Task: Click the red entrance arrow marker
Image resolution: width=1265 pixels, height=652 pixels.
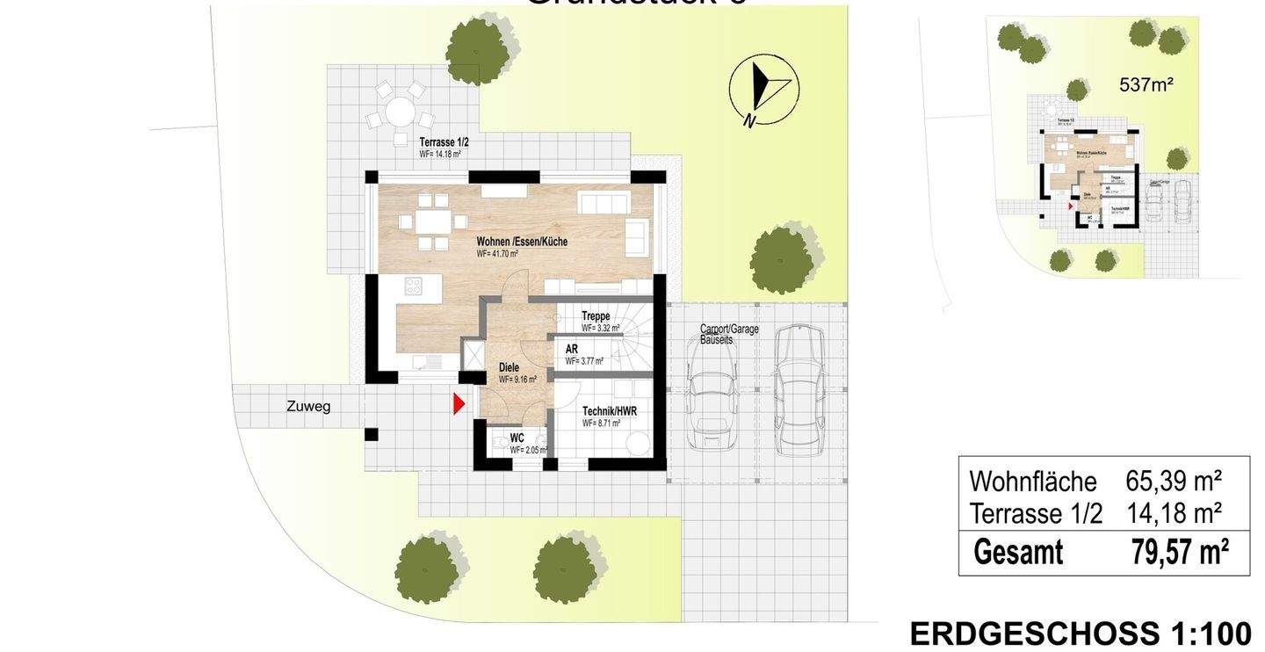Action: pos(458,404)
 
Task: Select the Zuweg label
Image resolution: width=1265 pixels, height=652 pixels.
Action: pos(308,407)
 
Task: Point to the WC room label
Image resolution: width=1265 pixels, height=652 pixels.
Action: pos(517,438)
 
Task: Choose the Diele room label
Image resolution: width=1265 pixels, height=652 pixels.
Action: pos(509,368)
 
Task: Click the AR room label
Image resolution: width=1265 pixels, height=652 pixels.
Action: pos(572,349)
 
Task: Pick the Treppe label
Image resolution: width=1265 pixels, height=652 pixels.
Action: pos(596,317)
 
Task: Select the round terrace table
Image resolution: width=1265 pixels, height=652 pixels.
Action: pos(401,112)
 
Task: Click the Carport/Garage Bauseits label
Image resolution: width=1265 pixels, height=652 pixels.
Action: pos(729,334)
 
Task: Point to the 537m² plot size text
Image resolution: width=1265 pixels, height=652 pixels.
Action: pos(1146,85)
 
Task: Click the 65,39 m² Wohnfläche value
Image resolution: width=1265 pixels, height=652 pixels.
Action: pos(1174,482)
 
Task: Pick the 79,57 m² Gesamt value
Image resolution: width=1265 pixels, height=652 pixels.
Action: pos(1180,553)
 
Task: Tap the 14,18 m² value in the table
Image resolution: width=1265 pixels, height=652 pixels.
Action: pos(1175,513)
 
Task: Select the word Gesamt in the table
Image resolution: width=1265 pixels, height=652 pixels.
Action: pos(1018,553)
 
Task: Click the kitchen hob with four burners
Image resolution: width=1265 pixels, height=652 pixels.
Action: pos(412,286)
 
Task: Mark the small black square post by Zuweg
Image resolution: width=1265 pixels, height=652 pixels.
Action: pos(371,434)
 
